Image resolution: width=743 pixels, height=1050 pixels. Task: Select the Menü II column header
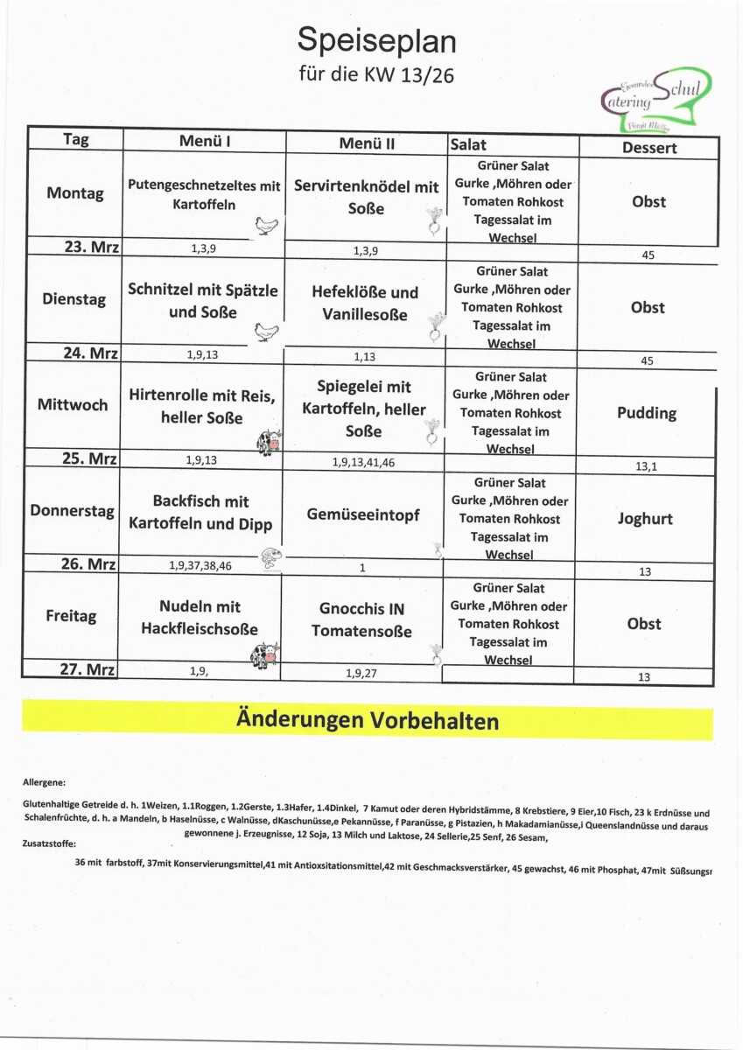pyautogui.click(x=367, y=143)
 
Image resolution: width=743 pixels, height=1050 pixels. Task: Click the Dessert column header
pyautogui.click(x=649, y=147)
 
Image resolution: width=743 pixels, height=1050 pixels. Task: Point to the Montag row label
pyautogui.click(x=75, y=193)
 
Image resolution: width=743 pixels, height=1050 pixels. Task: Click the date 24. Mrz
pyautogui.click(x=92, y=353)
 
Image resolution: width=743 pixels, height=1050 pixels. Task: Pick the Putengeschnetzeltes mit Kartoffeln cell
pyautogui.click(x=204, y=194)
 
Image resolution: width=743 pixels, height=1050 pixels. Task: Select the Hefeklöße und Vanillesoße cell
pyautogui.click(x=365, y=304)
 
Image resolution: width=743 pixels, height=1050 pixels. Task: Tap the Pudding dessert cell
pyautogui.click(x=647, y=413)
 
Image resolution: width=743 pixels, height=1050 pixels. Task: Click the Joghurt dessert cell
pyautogui.click(x=645, y=519)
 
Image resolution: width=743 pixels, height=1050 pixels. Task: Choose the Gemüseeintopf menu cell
pyautogui.click(x=363, y=514)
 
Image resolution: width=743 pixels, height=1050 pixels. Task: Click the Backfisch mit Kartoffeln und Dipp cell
pyautogui.click(x=200, y=513)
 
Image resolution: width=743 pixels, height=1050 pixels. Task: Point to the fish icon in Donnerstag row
pyautogui.click(x=270, y=557)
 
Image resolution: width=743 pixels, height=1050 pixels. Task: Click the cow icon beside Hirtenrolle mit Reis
pyautogui.click(x=269, y=443)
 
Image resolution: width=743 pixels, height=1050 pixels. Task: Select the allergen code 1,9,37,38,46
pyautogui.click(x=200, y=566)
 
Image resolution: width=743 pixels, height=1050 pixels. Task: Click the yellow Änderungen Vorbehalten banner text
pyautogui.click(x=367, y=721)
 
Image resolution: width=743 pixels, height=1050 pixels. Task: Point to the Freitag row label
pyautogui.click(x=71, y=616)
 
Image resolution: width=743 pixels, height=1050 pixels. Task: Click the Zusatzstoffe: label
pyautogui.click(x=50, y=845)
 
